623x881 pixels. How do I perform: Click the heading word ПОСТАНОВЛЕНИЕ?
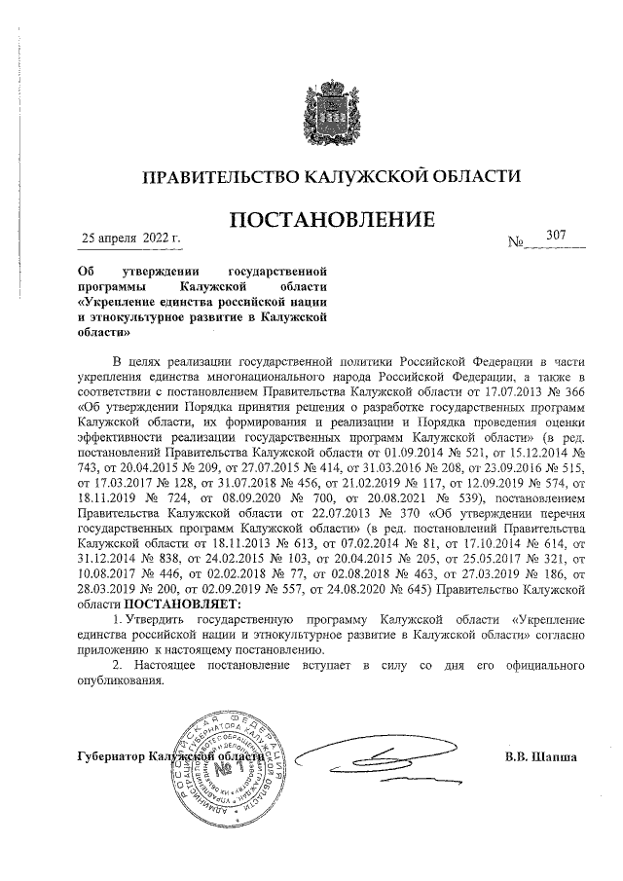pos(330,221)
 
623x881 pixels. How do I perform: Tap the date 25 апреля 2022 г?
pos(130,238)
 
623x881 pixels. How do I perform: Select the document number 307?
pos(557,236)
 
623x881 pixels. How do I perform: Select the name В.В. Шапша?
pos(541,756)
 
